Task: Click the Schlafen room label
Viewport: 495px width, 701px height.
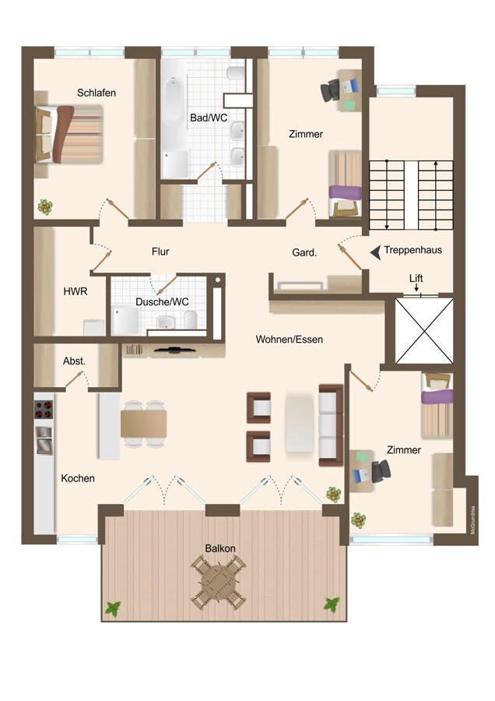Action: click(x=97, y=93)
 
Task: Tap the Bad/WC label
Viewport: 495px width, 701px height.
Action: click(x=209, y=118)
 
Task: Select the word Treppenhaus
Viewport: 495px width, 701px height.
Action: click(x=412, y=250)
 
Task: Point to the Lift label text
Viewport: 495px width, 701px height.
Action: click(x=416, y=278)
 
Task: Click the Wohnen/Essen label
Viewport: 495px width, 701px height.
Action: click(x=289, y=340)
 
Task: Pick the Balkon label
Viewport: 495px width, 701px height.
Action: click(x=220, y=548)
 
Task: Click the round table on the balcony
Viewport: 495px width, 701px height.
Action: click(x=219, y=582)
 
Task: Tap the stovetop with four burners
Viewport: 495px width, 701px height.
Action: click(x=44, y=409)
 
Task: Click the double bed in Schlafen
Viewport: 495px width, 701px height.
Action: click(x=68, y=134)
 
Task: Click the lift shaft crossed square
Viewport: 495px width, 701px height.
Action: click(x=424, y=330)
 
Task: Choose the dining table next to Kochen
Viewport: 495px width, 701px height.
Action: click(x=143, y=424)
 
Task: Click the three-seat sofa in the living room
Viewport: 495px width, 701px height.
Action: click(x=331, y=424)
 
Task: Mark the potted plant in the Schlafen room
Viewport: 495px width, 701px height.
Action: click(x=45, y=207)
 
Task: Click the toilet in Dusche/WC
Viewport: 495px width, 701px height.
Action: click(x=191, y=319)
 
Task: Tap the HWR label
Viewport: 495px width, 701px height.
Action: click(x=75, y=291)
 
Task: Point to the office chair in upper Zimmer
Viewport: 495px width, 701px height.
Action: click(x=330, y=90)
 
